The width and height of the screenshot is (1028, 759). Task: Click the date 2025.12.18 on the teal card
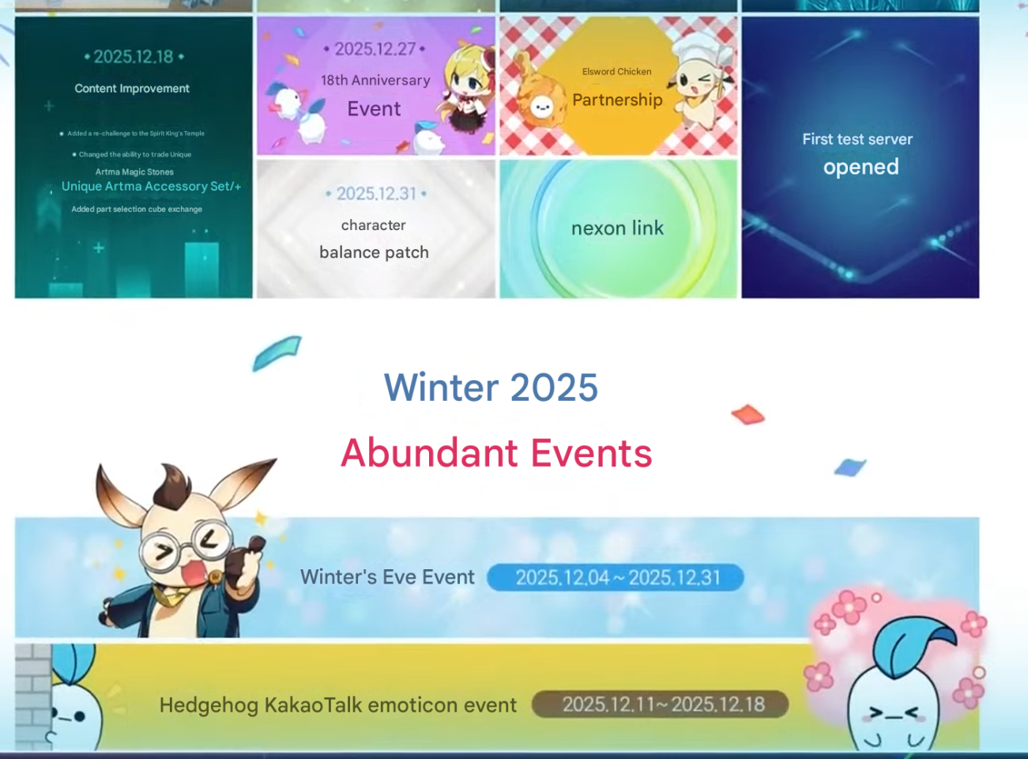(x=134, y=57)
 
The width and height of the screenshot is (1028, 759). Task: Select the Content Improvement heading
(x=132, y=88)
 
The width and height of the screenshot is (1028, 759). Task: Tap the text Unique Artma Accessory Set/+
(x=151, y=186)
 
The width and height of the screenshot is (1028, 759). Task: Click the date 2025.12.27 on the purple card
(x=375, y=49)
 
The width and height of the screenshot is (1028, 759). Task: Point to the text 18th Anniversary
(x=375, y=81)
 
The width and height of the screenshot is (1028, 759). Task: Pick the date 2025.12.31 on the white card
(x=376, y=194)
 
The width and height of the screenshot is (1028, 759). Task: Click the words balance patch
(x=374, y=252)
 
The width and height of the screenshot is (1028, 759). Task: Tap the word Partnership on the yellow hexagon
(x=617, y=100)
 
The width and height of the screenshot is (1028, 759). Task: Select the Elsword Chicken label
(x=617, y=71)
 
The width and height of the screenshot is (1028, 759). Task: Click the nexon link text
(x=617, y=228)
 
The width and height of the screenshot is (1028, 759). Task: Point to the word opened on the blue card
(x=860, y=167)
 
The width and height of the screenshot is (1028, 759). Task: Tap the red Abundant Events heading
(x=496, y=453)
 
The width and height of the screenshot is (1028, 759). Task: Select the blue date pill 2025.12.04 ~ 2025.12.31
(x=616, y=577)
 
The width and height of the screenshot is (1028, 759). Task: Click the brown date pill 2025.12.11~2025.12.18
(x=660, y=704)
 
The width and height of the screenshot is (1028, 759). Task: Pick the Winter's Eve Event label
(x=387, y=576)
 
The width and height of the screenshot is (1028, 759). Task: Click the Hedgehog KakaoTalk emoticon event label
(x=338, y=704)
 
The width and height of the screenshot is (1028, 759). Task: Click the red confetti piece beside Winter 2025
(x=747, y=413)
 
